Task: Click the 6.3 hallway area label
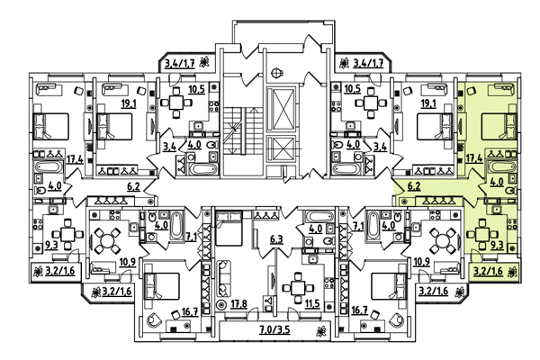tap(277, 239)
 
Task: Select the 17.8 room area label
tap(238, 304)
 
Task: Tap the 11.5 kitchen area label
tap(311, 304)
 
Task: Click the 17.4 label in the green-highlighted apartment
tap(472, 159)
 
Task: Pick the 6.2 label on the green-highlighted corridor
tap(416, 186)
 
